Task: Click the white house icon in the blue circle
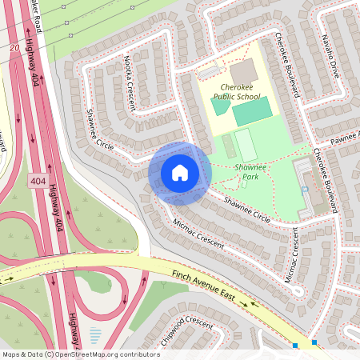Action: (180, 173)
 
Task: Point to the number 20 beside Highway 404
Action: (14, 48)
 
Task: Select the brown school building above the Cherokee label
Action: (244, 70)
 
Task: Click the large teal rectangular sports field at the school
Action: (252, 112)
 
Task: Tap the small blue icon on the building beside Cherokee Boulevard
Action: (306, 189)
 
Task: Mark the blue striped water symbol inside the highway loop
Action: (96, 335)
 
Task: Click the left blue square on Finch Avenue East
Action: (295, 346)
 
